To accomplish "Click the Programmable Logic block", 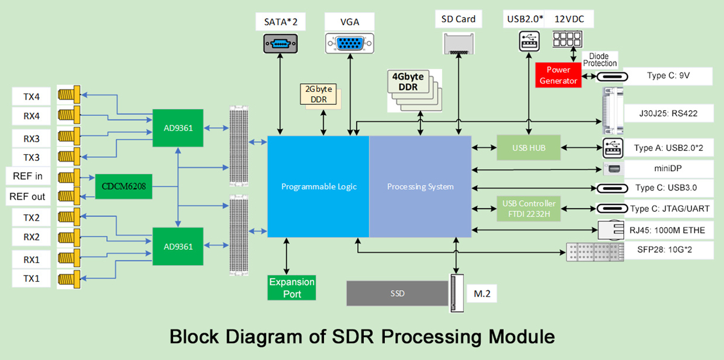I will pyautogui.click(x=319, y=186).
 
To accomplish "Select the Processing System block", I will pyautogui.click(x=420, y=186).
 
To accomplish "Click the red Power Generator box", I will pyautogui.click(x=559, y=75).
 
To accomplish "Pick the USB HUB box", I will pyautogui.click(x=529, y=148).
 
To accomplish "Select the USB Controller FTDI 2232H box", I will pyautogui.click(x=529, y=208).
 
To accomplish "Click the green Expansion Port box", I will pyautogui.click(x=292, y=288).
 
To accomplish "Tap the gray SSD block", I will pyautogui.click(x=396, y=294).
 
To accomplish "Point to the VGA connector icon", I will pyautogui.click(x=349, y=44).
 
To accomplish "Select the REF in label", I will pyautogui.click(x=28, y=177).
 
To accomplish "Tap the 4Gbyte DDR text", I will pyautogui.click(x=411, y=82).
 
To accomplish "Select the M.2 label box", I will pyautogui.click(x=478, y=294).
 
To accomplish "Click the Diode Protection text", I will pyautogui.click(x=601, y=60).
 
